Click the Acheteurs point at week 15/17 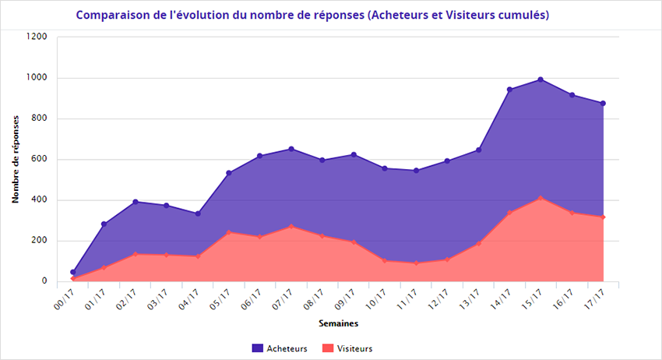pos(541,79)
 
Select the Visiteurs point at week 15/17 pos(541,198)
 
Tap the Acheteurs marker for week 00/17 pos(73,272)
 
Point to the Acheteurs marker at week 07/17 pos(291,149)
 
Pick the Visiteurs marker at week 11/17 pos(416,263)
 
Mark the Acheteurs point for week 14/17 pos(509,90)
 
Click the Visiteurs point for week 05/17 pos(229,231)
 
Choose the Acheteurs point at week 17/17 pos(603,104)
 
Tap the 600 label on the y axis pos(40,160)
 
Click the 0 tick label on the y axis pos(44,281)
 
